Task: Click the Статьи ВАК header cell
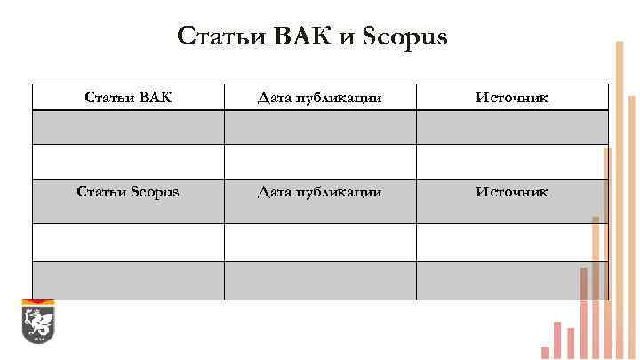tap(128, 97)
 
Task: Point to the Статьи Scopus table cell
tap(128, 192)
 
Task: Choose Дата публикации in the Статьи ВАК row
tap(320, 97)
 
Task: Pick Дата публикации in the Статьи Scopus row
tap(320, 192)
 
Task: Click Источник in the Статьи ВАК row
tap(512, 97)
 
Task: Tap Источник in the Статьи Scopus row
tap(512, 192)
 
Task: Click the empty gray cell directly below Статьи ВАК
tap(128, 127)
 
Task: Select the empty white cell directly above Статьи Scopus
tap(128, 161)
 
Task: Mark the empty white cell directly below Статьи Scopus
tap(128, 242)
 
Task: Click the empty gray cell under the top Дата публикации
tap(320, 127)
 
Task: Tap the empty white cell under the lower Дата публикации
tap(320, 242)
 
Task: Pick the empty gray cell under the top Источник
tap(512, 127)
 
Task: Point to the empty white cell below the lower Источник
tap(512, 242)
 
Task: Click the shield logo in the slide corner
tap(38, 322)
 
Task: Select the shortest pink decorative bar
tap(545, 352)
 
